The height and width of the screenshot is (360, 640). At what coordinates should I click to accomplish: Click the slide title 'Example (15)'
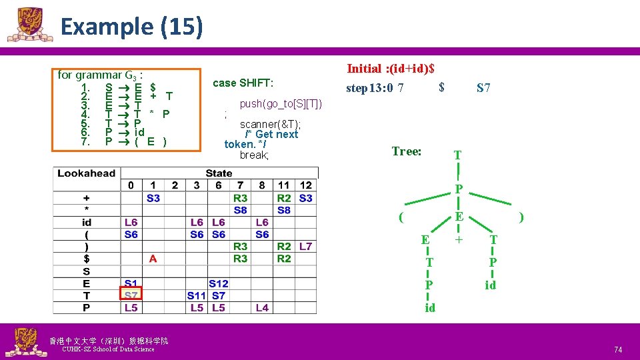(131, 27)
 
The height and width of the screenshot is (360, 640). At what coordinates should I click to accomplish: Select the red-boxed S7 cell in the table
(131, 295)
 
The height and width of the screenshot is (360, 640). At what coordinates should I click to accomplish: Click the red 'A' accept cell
(153, 259)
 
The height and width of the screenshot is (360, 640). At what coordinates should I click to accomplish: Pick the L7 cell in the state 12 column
(305, 247)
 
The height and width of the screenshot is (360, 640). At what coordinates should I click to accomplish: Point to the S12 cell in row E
(218, 283)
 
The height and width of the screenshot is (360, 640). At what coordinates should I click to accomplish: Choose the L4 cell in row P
(262, 307)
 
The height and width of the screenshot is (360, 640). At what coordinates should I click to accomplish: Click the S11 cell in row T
(196, 295)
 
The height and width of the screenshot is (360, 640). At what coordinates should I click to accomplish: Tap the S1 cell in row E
(131, 283)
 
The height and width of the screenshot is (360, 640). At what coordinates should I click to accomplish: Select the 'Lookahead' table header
(86, 173)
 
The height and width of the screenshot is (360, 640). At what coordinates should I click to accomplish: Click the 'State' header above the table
(219, 173)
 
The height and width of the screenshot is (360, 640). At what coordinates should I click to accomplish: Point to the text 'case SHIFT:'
(243, 83)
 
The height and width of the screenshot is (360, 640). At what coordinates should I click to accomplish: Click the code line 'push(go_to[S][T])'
(281, 103)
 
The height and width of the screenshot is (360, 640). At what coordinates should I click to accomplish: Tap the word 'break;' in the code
(254, 155)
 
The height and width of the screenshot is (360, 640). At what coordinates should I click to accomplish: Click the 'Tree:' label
(407, 151)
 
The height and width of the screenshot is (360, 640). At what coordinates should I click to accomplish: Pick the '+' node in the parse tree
(458, 238)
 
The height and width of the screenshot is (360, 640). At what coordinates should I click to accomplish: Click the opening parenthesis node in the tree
(400, 217)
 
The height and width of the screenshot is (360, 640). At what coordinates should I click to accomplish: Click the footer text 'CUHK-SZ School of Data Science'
(107, 349)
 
